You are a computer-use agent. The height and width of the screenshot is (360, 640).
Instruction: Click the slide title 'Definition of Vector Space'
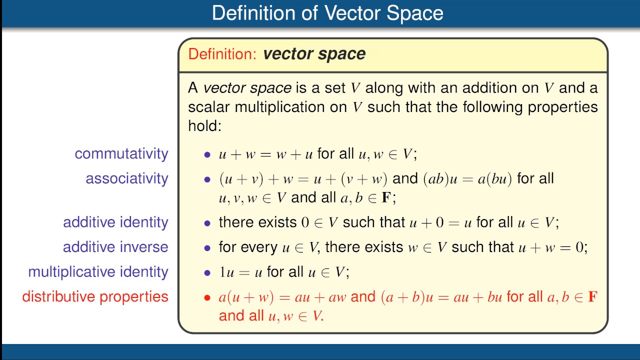pos(327,13)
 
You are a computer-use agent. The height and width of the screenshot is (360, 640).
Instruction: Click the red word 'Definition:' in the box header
pos(222,54)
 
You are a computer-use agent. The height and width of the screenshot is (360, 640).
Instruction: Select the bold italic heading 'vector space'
pos(314,54)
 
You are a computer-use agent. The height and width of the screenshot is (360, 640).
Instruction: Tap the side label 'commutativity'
pos(121,153)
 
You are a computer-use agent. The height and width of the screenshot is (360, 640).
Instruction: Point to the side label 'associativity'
pos(127,178)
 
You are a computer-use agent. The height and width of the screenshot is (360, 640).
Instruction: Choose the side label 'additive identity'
pos(115,222)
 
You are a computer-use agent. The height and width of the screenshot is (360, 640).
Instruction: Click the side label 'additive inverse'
pos(115,247)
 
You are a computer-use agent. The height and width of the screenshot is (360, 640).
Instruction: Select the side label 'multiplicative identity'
pos(98,272)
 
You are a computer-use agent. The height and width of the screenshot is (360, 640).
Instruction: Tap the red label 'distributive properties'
pos(95,296)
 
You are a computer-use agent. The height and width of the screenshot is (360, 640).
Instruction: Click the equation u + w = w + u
pos(265,154)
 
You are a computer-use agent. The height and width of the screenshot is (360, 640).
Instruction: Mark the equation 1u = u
pos(240,272)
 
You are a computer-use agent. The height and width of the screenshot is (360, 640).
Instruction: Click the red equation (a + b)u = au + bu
pos(441,297)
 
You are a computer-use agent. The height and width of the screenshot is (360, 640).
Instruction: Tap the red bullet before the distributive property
pos(207,298)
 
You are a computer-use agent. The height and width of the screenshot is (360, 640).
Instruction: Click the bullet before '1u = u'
pos(207,273)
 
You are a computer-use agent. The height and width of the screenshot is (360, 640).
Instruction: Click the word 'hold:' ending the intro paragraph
pos(204,125)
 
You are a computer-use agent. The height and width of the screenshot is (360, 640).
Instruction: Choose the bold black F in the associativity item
pos(386,197)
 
